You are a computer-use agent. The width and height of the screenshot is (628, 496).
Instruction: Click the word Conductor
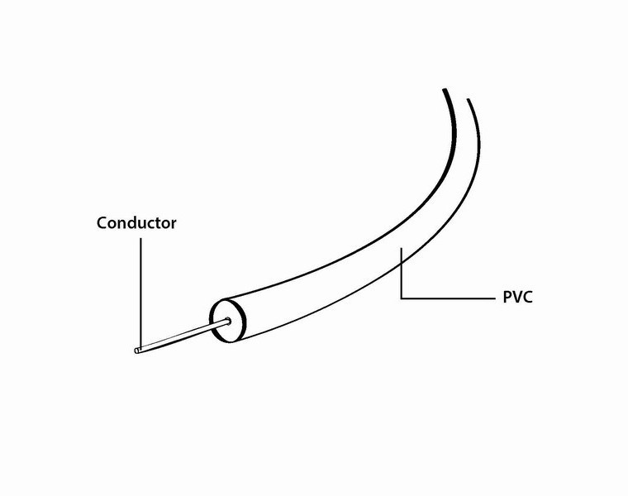point(136,222)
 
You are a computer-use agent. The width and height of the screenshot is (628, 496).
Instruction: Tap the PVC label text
point(517,297)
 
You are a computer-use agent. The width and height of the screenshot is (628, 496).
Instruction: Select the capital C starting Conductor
point(102,222)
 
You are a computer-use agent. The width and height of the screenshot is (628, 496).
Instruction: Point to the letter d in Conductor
point(136,222)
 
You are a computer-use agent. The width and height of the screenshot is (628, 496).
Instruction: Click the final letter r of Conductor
point(173,223)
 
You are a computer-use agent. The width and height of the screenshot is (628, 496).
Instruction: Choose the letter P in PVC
point(507,297)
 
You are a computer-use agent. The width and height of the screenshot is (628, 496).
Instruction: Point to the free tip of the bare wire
point(136,351)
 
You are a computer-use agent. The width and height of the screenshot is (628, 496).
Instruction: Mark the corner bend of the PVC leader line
point(401,296)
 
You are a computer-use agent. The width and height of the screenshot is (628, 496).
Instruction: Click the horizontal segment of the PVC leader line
point(446,296)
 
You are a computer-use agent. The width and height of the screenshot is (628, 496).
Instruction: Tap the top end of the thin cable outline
point(469,100)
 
